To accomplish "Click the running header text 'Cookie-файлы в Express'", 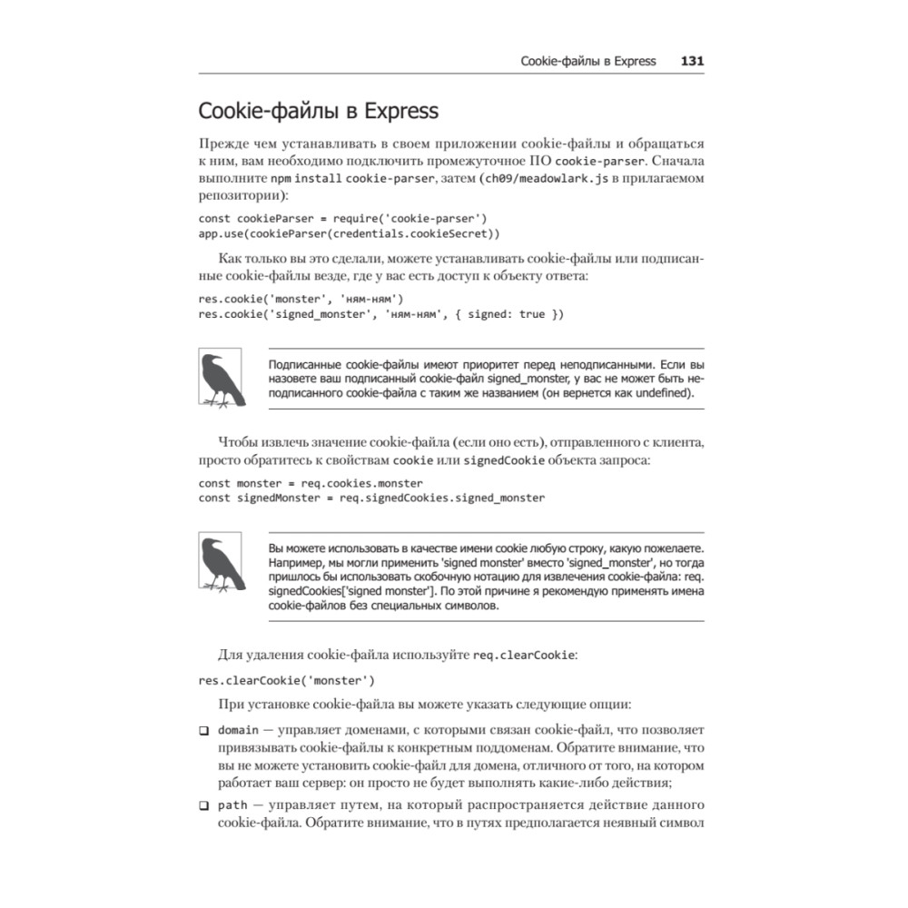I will [x=587, y=62].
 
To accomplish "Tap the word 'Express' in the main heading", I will [x=400, y=112].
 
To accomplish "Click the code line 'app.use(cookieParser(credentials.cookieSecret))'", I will [x=349, y=232].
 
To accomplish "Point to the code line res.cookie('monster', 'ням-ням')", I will [x=301, y=299].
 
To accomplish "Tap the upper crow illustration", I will [x=220, y=378].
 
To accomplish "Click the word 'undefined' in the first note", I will [x=654, y=393].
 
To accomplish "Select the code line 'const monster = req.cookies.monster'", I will [x=311, y=483].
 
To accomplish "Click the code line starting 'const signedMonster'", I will [x=371, y=498].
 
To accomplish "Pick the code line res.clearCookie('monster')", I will [x=286, y=679].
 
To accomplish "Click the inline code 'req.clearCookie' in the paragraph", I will [x=524, y=655].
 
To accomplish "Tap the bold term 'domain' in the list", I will [x=239, y=730].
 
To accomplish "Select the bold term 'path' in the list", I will [x=232, y=805].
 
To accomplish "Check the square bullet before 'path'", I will [x=203, y=806].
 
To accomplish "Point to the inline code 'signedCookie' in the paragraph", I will [x=504, y=460].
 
